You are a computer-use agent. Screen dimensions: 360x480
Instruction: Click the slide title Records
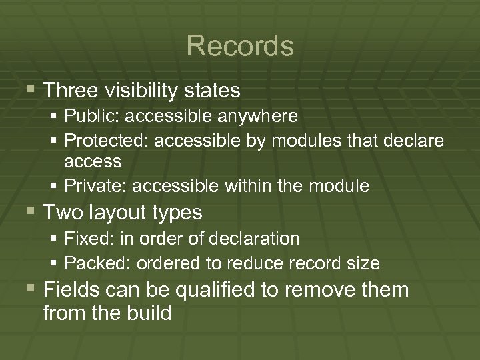[x=240, y=46]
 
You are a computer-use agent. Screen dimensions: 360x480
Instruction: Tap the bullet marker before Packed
[x=54, y=263]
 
